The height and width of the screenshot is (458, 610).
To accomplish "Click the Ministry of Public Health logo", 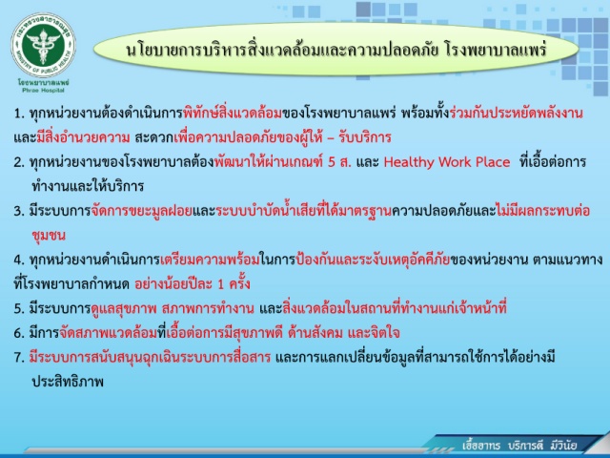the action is point(43,45).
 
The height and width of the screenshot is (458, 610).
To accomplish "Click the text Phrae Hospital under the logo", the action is point(43,91).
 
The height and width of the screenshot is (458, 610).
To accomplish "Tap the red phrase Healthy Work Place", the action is point(447,162).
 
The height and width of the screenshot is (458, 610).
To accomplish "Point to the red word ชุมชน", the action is point(49,236).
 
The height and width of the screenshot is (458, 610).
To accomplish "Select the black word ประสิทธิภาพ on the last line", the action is point(68,382).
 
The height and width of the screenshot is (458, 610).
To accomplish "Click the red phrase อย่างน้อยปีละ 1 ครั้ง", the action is point(193,284).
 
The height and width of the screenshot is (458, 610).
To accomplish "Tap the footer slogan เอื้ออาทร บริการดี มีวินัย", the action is point(519,446).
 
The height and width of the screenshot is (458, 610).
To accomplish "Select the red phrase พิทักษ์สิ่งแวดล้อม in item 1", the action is point(233,113).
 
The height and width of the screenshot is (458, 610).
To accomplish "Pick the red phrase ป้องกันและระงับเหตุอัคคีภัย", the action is point(373,260).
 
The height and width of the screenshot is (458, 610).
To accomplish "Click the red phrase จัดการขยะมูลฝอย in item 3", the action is point(142,211).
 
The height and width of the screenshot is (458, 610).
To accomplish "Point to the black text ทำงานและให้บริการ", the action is point(88,186).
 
